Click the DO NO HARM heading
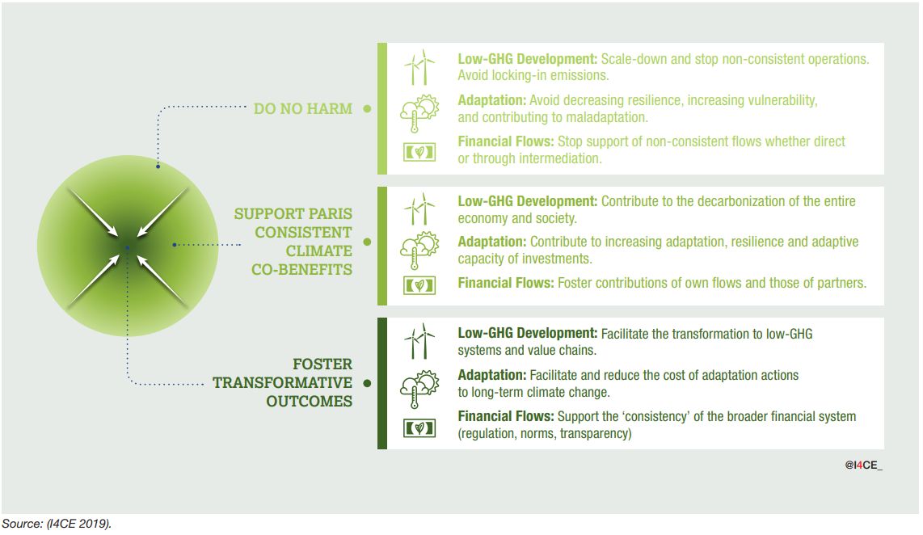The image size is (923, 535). [302, 109]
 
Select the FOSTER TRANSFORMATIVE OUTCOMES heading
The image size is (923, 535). [283, 382]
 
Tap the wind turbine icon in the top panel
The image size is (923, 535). [419, 67]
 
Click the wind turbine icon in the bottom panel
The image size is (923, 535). [419, 341]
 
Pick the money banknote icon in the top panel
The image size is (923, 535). [419, 153]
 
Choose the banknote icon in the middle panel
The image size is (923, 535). [419, 285]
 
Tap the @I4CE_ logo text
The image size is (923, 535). [863, 465]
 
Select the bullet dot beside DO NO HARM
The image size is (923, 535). [367, 109]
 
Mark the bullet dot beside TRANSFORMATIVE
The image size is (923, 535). [367, 383]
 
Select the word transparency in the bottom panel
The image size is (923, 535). [595, 434]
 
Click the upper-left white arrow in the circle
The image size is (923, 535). [92, 213]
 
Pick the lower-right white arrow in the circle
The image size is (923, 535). [163, 281]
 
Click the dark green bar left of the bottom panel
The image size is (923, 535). [382, 383]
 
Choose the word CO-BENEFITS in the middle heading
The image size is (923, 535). [302, 270]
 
